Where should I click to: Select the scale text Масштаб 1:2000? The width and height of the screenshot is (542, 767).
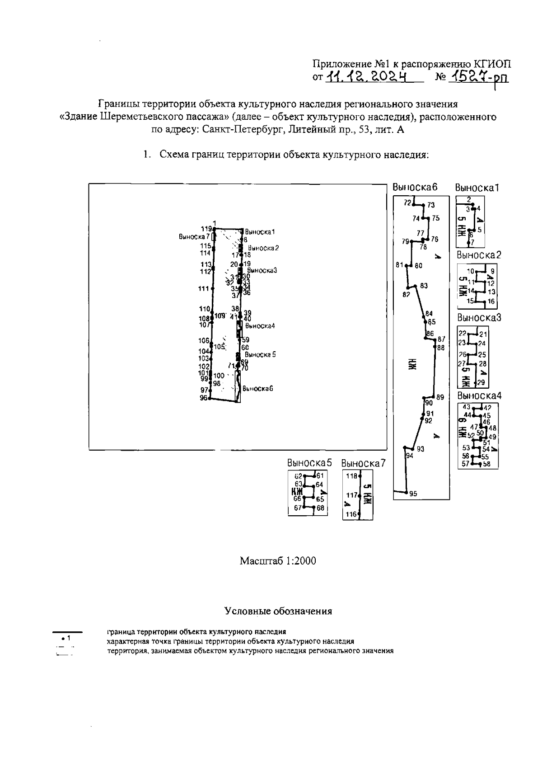click(x=277, y=561)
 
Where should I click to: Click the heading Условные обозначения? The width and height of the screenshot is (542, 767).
click(x=278, y=611)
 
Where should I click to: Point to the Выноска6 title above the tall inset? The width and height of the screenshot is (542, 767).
click(x=415, y=187)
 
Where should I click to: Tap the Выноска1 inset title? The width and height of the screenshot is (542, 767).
click(x=477, y=187)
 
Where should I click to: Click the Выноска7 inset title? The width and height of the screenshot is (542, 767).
click(x=363, y=463)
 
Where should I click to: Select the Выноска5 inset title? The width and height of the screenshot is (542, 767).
click(x=309, y=463)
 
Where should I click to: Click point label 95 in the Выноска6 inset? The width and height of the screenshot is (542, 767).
click(x=413, y=494)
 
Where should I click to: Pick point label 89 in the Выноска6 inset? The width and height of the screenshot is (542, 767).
click(x=440, y=397)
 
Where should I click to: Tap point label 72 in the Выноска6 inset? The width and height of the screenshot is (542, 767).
click(x=408, y=202)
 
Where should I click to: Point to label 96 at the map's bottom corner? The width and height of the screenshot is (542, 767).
click(x=203, y=398)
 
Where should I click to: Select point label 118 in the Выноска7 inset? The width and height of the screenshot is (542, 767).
click(x=351, y=475)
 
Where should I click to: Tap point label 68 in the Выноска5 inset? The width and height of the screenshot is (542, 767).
click(x=321, y=508)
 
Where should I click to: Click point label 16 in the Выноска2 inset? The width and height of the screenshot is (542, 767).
click(x=491, y=301)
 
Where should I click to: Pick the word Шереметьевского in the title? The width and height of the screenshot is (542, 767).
click(x=140, y=117)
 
